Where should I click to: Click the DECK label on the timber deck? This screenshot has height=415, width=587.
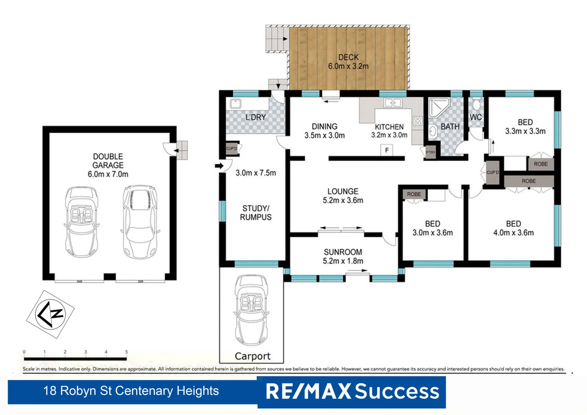click(x=348, y=57)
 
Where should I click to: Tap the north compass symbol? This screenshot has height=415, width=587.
click(x=50, y=314)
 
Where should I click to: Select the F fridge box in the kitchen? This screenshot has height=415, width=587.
click(x=387, y=150)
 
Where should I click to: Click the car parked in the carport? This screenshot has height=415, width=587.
click(x=251, y=309)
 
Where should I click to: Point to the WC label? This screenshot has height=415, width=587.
click(x=476, y=117)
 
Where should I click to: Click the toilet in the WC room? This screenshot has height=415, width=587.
click(x=476, y=104)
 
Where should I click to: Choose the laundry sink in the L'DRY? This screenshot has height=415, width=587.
click(x=235, y=104)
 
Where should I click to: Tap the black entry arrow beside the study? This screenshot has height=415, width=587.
click(x=219, y=166)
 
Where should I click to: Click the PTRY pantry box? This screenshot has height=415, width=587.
click(x=430, y=152)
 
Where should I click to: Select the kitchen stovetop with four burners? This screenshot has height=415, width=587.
click(x=418, y=121)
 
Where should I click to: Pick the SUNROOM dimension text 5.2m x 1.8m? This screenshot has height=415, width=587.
click(x=343, y=261)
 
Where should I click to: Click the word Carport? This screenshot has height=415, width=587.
click(x=252, y=356)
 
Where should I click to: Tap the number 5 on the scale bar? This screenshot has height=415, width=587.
click(x=126, y=352)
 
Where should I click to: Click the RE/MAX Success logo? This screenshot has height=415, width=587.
click(x=352, y=392)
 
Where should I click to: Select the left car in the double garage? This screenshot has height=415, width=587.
click(x=81, y=221)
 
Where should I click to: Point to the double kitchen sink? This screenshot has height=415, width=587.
click(x=393, y=103)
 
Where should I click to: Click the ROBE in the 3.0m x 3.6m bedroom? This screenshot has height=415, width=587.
click(x=414, y=194)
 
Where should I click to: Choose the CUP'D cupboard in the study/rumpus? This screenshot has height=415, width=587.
click(x=232, y=149)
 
